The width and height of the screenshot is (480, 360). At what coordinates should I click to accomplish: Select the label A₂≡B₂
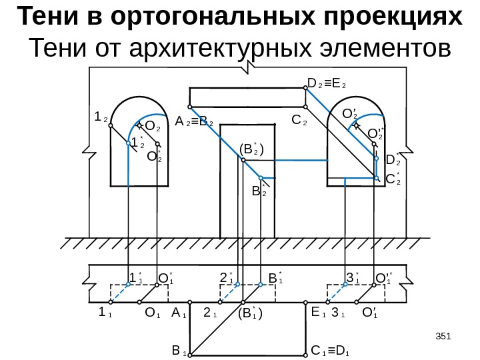click(x=194, y=123)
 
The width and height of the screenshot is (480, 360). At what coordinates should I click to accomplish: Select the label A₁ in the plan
click(x=178, y=312)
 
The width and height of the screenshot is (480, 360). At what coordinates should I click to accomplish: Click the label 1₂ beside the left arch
click(x=101, y=117)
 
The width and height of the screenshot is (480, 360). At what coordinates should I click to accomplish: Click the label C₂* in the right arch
click(x=393, y=179)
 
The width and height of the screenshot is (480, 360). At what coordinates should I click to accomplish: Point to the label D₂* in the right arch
click(x=393, y=160)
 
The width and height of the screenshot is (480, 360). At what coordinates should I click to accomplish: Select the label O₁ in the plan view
click(x=153, y=312)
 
